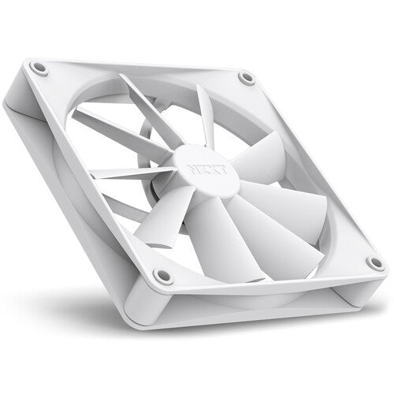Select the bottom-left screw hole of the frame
pos(163,276)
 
